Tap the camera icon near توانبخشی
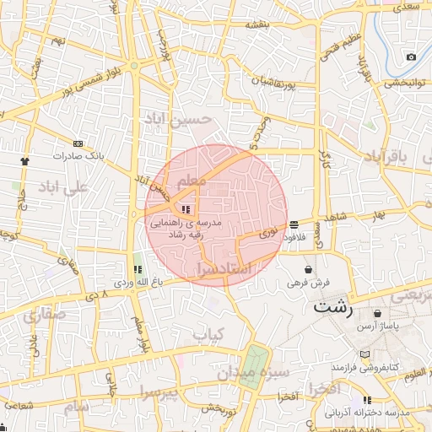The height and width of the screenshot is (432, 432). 411,57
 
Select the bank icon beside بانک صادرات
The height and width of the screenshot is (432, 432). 78,144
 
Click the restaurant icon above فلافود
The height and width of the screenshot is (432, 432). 293,224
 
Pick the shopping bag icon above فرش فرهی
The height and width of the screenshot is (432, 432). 309,270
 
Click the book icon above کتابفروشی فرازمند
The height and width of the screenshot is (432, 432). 364,354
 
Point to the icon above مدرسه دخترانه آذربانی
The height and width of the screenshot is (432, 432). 367,400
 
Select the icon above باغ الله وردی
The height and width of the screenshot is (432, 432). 138,270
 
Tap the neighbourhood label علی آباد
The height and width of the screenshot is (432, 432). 63,188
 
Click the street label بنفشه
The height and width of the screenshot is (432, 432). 256,24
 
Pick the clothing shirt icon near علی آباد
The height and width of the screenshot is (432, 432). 24,159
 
